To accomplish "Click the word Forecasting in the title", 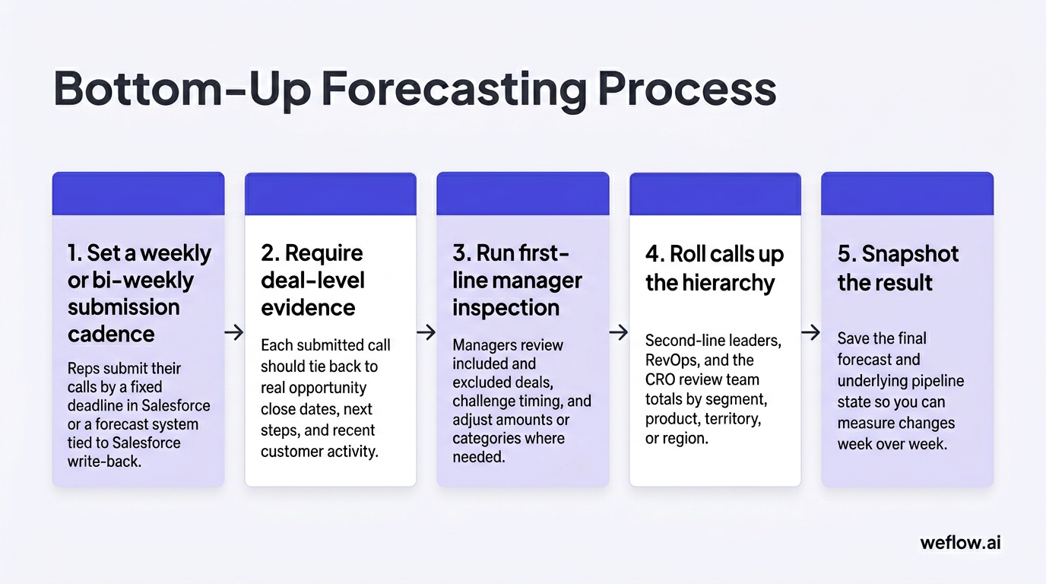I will point(454,89).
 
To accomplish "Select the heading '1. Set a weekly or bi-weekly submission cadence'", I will point(139,294).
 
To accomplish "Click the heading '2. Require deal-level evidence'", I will point(312,280).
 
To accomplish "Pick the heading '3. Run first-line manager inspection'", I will point(517,280).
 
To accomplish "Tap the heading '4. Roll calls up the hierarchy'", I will point(714,268).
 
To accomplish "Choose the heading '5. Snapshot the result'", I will point(898,268).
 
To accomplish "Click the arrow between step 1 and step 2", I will point(235,332).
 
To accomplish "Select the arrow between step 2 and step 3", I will point(426,332).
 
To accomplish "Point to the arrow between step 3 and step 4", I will point(620,332).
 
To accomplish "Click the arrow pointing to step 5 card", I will point(811,332).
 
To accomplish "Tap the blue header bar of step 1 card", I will point(138,193).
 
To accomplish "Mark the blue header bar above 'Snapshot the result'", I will point(907,193).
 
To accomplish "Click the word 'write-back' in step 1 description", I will point(104,461).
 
